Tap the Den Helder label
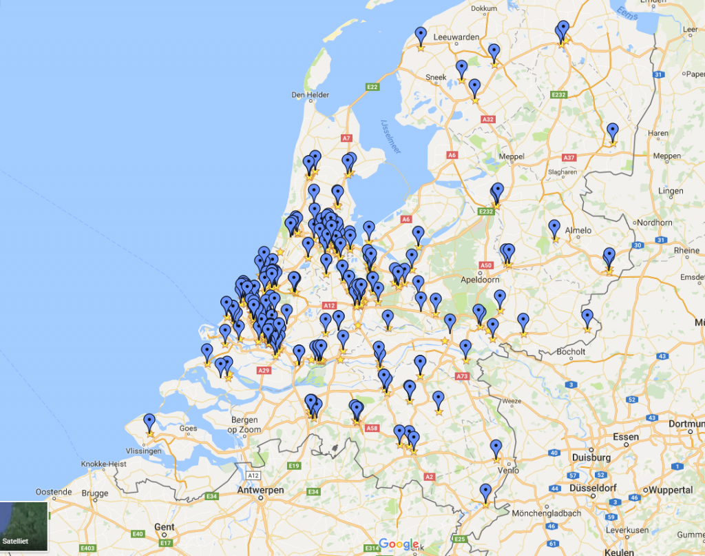click(311, 95)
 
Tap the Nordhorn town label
click(655, 223)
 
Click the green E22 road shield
click(372, 87)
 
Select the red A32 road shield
click(488, 119)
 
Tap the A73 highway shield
click(462, 376)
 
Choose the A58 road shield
click(372, 429)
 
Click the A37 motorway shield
click(569, 157)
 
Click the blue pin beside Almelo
click(554, 228)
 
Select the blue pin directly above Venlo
click(496, 449)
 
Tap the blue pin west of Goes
click(149, 422)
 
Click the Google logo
click(399, 544)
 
